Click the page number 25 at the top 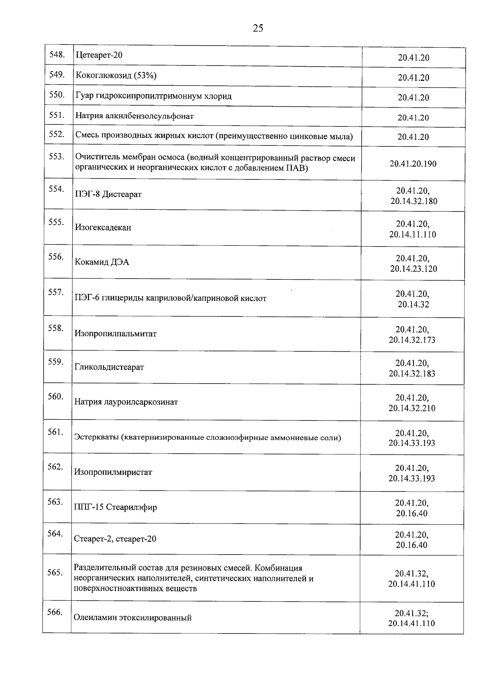pos(258,28)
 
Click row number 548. pos(57,55)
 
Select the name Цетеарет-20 pos(99,55)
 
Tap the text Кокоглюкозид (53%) pos(116,76)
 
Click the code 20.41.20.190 pos(413,164)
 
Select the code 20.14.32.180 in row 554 pos(414,201)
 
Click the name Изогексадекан pos(103,228)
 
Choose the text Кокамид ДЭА pos(102,262)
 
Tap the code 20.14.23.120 pos(413,269)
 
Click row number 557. pos(56,292)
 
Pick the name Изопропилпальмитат pos(116,334)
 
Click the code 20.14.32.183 pos(412,374)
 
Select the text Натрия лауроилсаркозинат pos(126,402)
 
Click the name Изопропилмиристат pos(113,472)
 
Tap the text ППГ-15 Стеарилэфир pos(116,507)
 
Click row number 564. pos(55,534)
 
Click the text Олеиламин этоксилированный pos(133,618)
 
